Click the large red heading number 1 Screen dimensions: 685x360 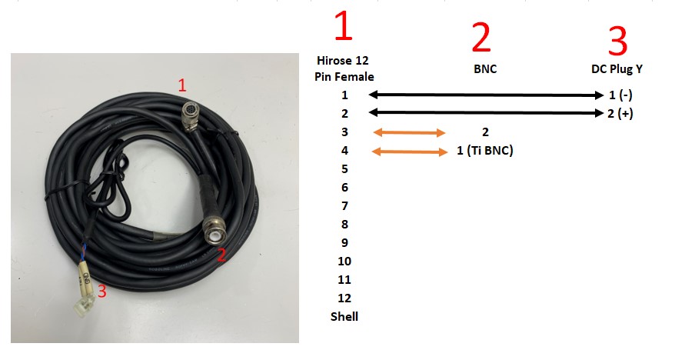click(343, 28)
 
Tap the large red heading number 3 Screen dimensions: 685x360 click(617, 42)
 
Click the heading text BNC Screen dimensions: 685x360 click(485, 68)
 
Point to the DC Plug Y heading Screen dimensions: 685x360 click(617, 68)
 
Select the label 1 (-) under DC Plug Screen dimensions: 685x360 click(620, 95)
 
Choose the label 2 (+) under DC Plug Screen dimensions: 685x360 click(620, 114)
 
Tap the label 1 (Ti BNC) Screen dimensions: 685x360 click(484, 151)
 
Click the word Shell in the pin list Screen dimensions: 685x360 click(344, 316)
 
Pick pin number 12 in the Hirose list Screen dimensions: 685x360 click(344, 298)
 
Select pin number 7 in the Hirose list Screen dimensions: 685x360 click(344, 205)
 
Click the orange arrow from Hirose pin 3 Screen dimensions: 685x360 click(408, 132)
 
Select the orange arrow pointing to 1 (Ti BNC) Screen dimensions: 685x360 click(409, 151)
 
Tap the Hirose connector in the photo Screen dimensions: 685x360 click(188, 114)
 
